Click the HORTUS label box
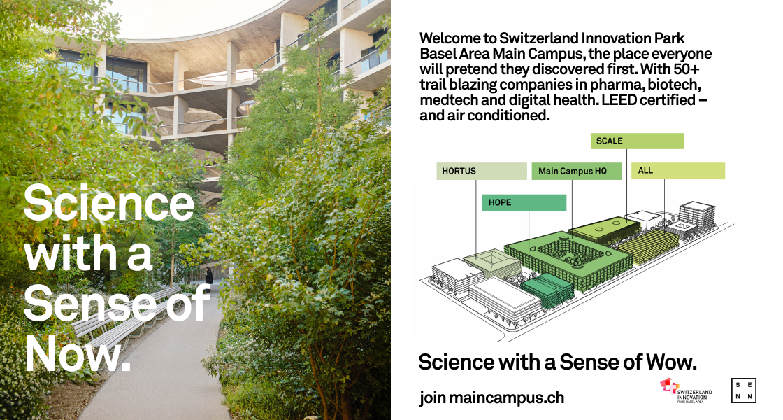482,171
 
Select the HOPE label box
524,202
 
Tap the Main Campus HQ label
577,171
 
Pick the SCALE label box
637,141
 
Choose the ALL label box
677,171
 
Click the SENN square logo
744,391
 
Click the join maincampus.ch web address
491,398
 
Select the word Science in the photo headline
108,202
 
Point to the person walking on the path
209,276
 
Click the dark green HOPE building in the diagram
547,291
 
